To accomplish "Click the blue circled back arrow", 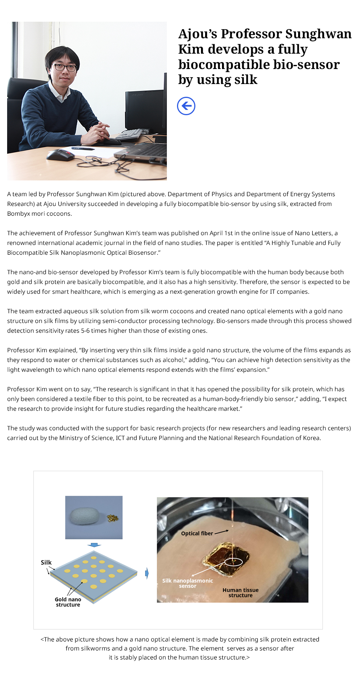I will point(186,106).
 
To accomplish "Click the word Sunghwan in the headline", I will point(318,34).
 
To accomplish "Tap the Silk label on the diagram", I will point(46,562).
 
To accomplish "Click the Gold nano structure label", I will point(68,602).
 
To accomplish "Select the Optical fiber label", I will point(197,533).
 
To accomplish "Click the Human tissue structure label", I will point(240,593).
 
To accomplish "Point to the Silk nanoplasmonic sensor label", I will point(187,583).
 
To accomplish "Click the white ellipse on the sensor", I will point(233,562).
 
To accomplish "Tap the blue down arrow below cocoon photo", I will point(94,545).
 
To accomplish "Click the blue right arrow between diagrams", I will point(147,573).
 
